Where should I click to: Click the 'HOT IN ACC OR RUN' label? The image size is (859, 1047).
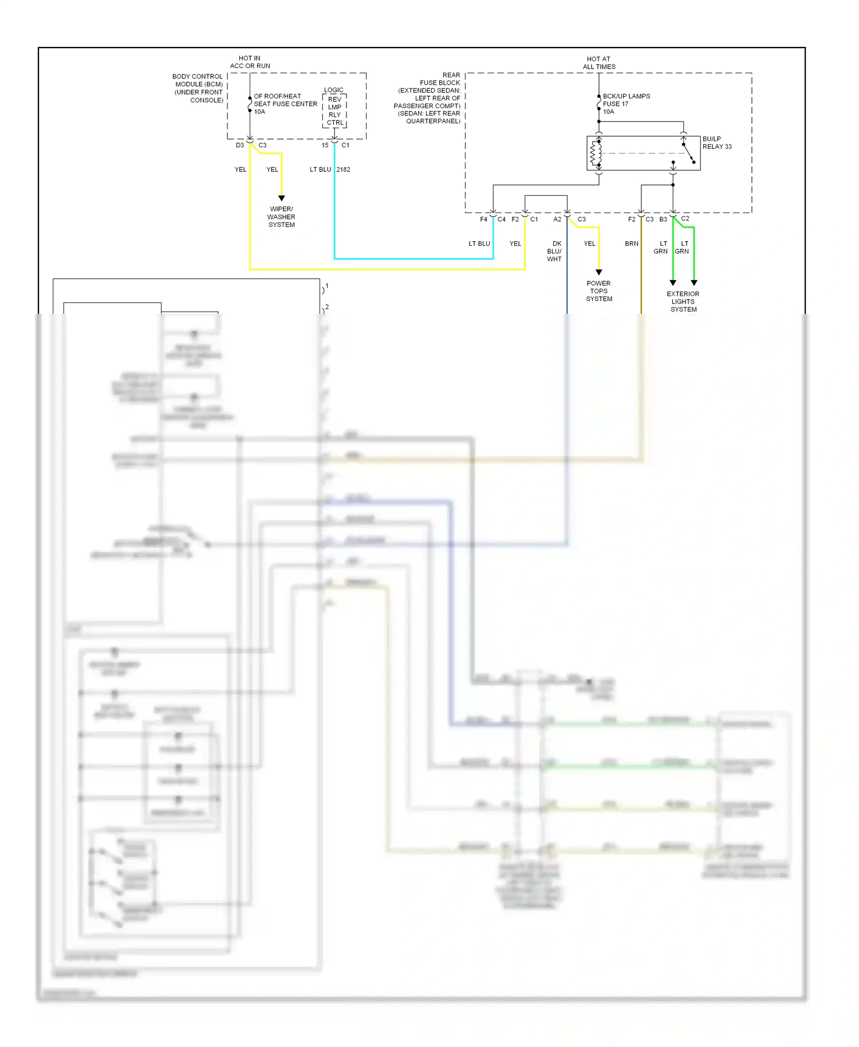tap(250, 62)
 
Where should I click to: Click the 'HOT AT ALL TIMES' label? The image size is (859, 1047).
tap(598, 63)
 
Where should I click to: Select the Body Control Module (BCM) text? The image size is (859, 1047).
tap(198, 88)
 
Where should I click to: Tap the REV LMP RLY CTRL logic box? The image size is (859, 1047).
tap(334, 111)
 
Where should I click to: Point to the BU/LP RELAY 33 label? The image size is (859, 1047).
tap(716, 143)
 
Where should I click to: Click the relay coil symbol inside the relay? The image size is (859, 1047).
tap(596, 153)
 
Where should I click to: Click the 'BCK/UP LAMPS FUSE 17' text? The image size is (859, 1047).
tap(625, 100)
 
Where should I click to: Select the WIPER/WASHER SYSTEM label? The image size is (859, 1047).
tap(281, 217)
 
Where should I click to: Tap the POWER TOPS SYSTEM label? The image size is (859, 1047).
tap(598, 291)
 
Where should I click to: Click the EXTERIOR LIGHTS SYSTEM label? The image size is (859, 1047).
tap(683, 301)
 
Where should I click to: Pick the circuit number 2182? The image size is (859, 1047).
tap(343, 170)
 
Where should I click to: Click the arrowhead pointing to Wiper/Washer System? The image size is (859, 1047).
tap(281, 198)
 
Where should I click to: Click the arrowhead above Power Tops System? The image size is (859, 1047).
tap(598, 273)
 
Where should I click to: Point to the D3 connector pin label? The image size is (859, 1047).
tap(240, 145)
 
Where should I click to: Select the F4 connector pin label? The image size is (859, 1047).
tap(483, 219)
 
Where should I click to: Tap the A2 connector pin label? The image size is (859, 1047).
tap(557, 219)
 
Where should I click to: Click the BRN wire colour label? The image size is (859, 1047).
tap(631, 244)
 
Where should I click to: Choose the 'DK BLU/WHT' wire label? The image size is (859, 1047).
tap(554, 251)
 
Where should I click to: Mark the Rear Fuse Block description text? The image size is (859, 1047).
tap(429, 98)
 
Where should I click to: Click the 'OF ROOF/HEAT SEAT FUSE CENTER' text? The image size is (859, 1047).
tap(285, 100)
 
